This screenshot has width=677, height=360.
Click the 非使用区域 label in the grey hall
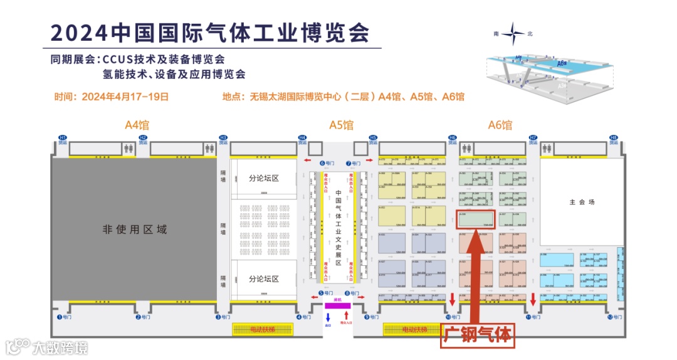[x=135, y=230]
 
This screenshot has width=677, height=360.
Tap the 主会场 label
[x=582, y=203]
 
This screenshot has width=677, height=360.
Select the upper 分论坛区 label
[x=263, y=178]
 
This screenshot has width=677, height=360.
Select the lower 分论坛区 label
[x=263, y=278]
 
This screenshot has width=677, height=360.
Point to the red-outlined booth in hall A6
[x=475, y=219]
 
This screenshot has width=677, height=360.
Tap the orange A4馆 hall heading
[x=137, y=125]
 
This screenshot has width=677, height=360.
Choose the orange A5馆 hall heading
[x=341, y=125]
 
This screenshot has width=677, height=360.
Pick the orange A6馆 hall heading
[x=500, y=125]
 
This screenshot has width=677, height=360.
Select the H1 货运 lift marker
[x=62, y=139]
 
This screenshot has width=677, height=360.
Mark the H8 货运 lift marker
[x=614, y=139]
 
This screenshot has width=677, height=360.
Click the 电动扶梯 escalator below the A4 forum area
[x=263, y=329]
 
